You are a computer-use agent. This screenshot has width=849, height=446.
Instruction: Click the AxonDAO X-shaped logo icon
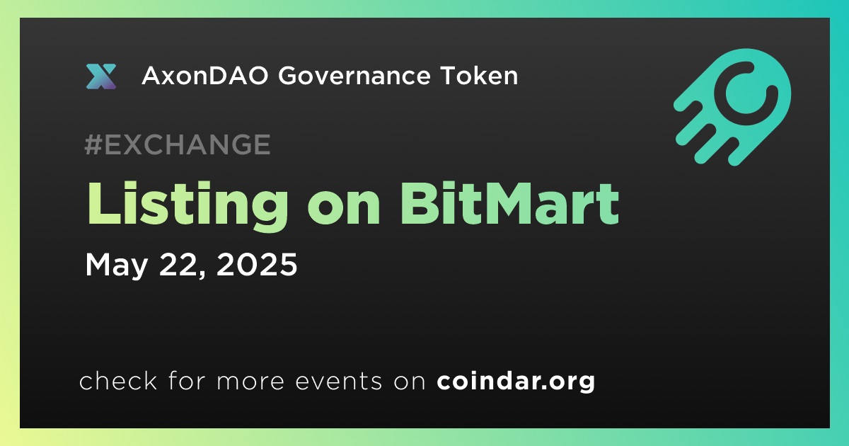tap(100, 76)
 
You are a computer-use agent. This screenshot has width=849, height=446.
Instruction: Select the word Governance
tap(354, 76)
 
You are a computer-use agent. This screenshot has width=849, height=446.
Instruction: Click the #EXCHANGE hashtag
tap(178, 144)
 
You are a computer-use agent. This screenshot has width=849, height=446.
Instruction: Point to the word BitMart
tap(510, 204)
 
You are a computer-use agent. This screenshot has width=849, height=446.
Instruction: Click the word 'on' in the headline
tap(344, 210)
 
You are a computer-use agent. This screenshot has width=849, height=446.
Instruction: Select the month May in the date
tap(116, 266)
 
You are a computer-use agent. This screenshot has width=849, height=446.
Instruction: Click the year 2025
tap(257, 264)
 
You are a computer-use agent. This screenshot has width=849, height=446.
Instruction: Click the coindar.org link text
tap(516, 382)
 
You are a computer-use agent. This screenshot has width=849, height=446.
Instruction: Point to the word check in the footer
tap(118, 380)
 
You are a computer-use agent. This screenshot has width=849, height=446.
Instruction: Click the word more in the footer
tap(250, 382)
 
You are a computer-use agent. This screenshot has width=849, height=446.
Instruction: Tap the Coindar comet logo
tap(732, 107)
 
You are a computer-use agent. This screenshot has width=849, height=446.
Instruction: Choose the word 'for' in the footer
tap(187, 380)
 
